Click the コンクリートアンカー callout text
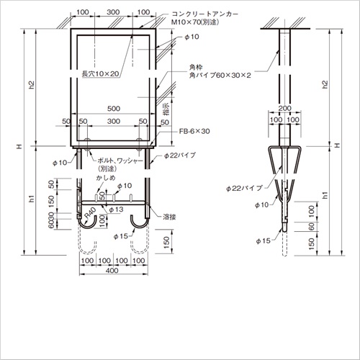click(205, 14)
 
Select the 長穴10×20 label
click(101, 74)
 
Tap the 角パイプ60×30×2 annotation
click(220, 76)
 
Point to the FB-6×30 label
click(194, 131)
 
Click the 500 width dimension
click(114, 109)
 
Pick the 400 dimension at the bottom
click(112, 271)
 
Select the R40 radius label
click(89, 213)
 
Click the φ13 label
click(116, 210)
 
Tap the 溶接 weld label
click(169, 217)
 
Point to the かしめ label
click(106, 178)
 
